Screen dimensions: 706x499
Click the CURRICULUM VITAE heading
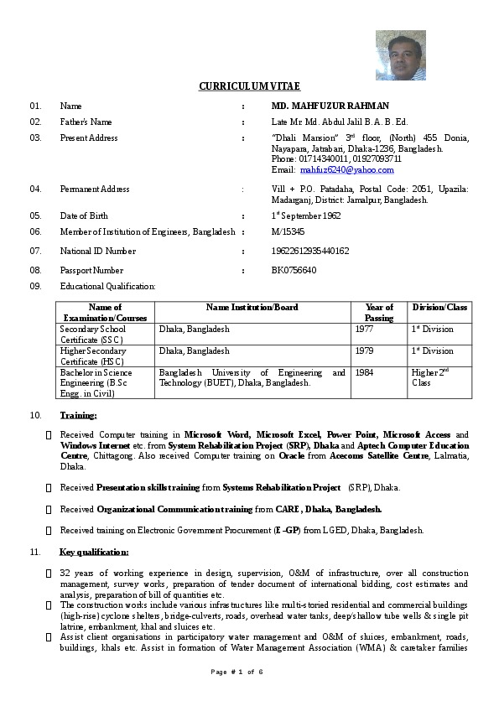249,86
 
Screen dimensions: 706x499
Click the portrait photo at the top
400,55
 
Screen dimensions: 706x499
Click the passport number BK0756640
294,270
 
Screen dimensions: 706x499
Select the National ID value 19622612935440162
310,251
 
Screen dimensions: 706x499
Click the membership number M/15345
288,231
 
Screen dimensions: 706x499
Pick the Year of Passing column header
379,313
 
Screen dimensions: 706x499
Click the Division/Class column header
439,308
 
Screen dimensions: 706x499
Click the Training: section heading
78,415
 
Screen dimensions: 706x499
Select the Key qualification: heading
94,552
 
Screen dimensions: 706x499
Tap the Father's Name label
86,122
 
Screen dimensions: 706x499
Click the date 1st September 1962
306,215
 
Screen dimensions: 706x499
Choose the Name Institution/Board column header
252,308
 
